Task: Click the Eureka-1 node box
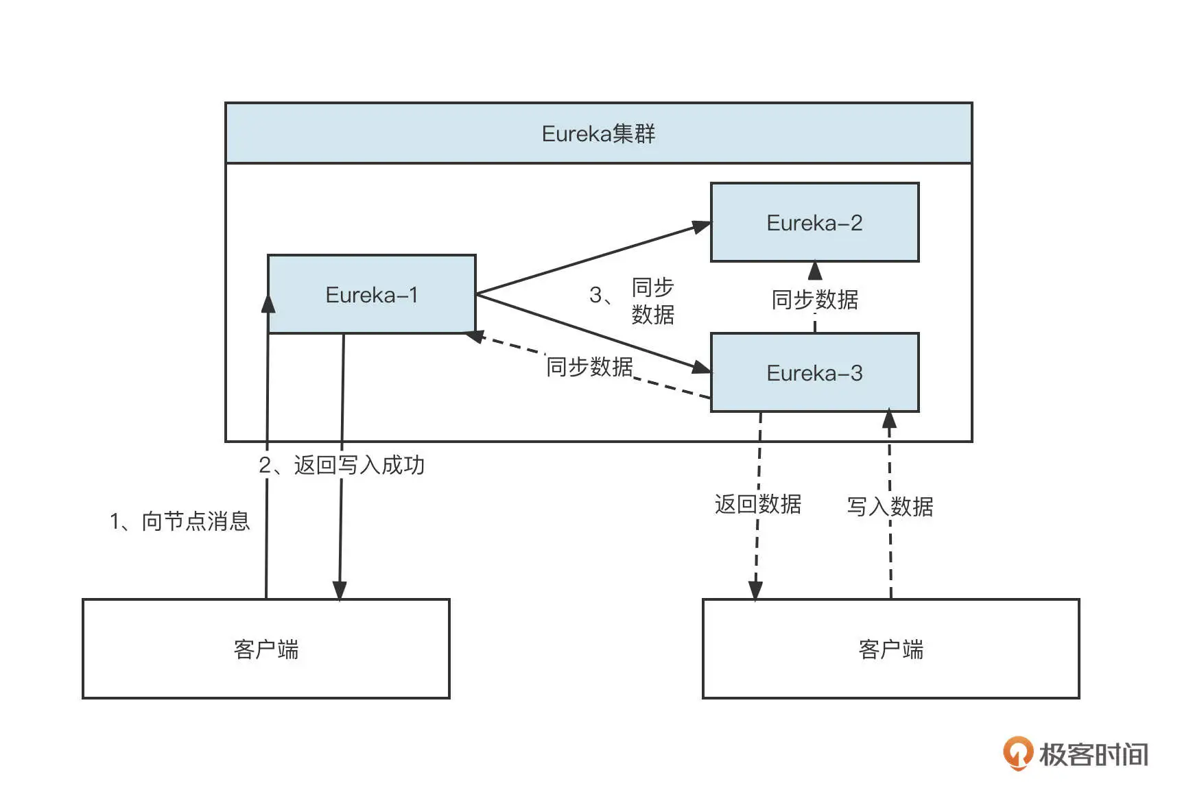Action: click(371, 294)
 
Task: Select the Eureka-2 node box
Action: click(814, 222)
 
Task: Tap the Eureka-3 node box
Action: click(814, 372)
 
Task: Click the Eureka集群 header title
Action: click(598, 133)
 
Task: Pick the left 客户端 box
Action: click(265, 649)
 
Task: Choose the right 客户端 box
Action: click(890, 649)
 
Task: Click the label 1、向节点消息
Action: click(180, 521)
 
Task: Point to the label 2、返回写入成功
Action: click(342, 465)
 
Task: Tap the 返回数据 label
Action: click(757, 504)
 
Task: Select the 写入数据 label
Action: click(890, 507)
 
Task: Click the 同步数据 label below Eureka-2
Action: click(814, 300)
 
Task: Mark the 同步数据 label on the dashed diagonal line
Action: click(589, 367)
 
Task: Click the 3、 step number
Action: click(601, 295)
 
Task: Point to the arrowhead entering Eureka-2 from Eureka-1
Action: click(701, 227)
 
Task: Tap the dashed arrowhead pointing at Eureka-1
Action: click(474, 336)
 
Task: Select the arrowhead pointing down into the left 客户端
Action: click(340, 590)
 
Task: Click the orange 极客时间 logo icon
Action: click(1017, 753)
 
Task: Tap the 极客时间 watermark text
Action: click(1094, 754)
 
